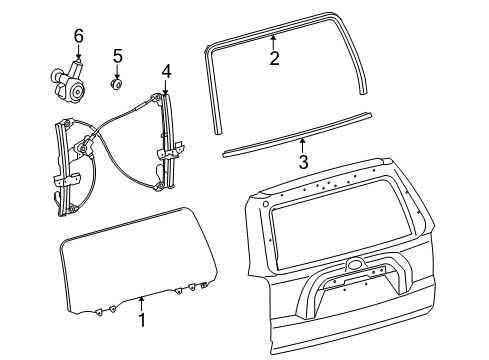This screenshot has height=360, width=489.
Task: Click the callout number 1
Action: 141,321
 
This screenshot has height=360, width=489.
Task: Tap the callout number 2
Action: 273,59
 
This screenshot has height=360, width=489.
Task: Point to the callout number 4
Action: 166,70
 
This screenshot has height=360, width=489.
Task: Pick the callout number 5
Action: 117,55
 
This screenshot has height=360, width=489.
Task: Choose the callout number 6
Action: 78,37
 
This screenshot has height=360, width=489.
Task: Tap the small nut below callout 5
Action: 117,80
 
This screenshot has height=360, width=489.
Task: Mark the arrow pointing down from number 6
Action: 78,54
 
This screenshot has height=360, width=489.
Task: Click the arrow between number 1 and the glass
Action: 141,304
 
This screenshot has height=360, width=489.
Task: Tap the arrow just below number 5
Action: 117,69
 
